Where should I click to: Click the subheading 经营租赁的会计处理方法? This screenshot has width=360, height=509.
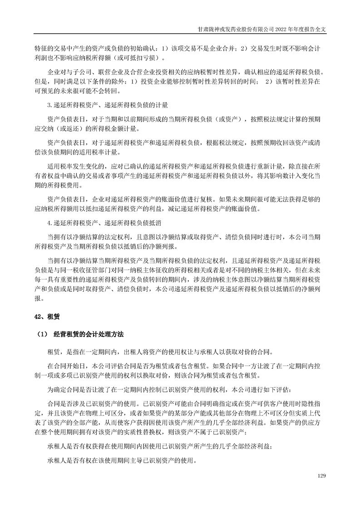pos(86,334)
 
